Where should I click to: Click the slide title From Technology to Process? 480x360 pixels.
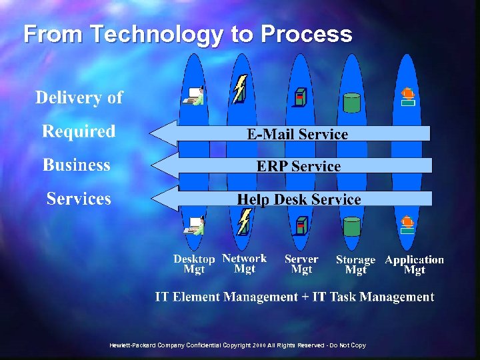click(x=187, y=34)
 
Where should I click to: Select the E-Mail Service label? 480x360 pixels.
click(x=297, y=134)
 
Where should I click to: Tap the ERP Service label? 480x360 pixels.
click(x=299, y=166)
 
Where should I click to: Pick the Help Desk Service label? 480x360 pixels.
click(x=299, y=199)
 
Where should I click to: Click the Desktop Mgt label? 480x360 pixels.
click(x=194, y=264)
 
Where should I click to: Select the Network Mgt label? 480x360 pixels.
click(x=244, y=263)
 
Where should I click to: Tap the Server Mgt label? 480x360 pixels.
click(x=301, y=264)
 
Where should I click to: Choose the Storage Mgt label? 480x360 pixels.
click(x=355, y=265)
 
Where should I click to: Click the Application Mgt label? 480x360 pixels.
click(x=414, y=265)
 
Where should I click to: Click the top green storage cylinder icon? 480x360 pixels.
click(x=351, y=102)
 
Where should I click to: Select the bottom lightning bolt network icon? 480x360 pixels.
click(x=245, y=221)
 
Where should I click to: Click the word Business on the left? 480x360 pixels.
click(x=77, y=165)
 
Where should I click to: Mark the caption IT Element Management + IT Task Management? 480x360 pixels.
click(x=294, y=297)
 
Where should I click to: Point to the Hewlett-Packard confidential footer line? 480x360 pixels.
click(x=238, y=345)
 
